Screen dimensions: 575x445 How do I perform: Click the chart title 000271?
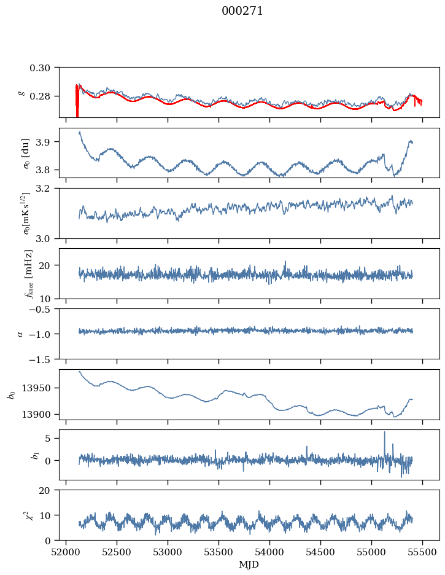click(x=242, y=11)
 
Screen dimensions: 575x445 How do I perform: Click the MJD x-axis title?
click(x=249, y=565)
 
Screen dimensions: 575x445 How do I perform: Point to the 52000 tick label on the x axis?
click(x=66, y=552)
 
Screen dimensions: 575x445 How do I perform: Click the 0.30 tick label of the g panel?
click(x=44, y=67)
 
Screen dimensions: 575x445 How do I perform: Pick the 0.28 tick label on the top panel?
click(x=44, y=96)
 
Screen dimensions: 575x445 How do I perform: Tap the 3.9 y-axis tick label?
click(x=47, y=142)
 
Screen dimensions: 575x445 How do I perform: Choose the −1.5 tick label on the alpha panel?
click(x=42, y=359)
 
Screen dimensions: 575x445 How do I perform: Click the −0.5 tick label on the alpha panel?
click(x=42, y=309)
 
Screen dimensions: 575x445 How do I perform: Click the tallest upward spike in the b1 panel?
click(x=385, y=432)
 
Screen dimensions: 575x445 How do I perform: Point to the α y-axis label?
click(x=20, y=334)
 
